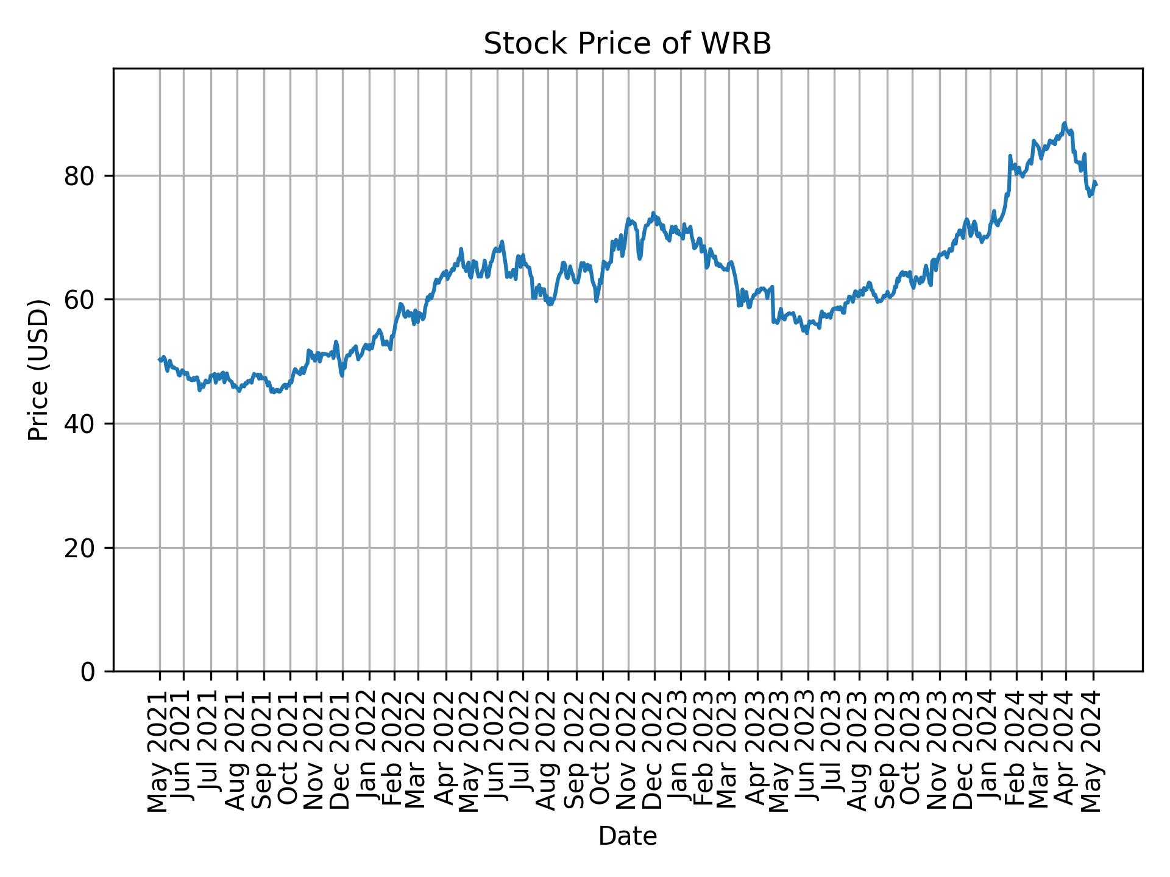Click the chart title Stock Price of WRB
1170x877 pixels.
627,44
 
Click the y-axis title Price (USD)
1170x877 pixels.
38,370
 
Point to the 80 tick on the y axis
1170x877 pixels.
80,176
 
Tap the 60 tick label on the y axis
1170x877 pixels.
80,300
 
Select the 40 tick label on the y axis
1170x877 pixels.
80,424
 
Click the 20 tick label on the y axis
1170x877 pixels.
80,548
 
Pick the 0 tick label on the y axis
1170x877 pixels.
88,672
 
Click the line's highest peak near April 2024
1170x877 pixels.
1065,123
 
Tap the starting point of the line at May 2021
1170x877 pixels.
160,359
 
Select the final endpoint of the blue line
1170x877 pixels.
1096,184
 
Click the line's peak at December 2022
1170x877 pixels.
653,213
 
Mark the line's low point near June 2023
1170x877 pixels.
807,333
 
